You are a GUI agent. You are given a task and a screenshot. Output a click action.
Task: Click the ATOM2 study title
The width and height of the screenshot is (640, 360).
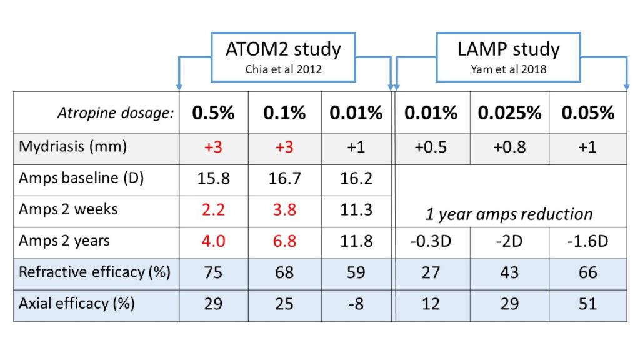coord(283,49)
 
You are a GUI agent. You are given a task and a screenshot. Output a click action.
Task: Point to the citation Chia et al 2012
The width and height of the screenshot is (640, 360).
coord(283,69)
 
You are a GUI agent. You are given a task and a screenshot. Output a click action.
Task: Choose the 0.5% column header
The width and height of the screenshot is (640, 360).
coord(213,113)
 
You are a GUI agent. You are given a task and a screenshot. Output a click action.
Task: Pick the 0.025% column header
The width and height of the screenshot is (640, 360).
coord(509,113)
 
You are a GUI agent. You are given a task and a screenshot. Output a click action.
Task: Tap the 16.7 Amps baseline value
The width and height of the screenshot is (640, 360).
coord(284,179)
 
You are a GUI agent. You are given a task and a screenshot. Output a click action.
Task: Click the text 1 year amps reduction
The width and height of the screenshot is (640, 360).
coord(509,214)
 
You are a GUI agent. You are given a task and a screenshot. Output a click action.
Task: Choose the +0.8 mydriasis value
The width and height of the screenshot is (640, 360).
coord(509,147)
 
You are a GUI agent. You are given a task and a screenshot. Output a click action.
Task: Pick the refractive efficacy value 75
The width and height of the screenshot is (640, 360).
coord(213,274)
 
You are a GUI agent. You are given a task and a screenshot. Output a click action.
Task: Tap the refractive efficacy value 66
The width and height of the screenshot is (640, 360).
coord(587,274)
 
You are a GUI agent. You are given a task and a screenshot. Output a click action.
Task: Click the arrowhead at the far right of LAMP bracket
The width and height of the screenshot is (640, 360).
coord(626,86)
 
